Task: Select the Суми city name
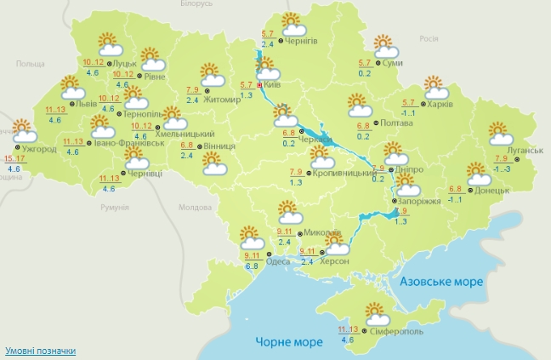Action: [392, 64]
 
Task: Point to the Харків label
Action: [440, 105]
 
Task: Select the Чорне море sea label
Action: [289, 342]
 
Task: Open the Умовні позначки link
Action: [40, 351]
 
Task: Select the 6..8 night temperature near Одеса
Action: [253, 266]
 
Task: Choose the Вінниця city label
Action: [219, 146]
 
